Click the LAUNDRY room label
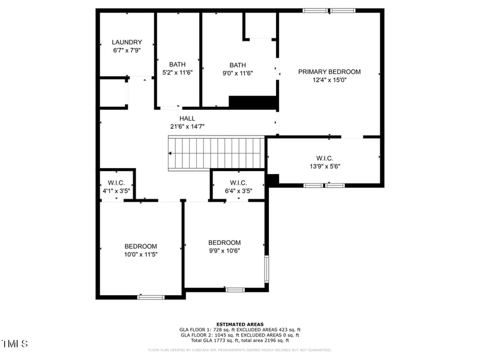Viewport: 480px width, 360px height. [x=127, y=42]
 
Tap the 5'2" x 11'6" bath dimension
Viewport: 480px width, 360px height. [x=177, y=73]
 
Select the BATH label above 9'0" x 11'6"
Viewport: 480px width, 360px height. [x=238, y=65]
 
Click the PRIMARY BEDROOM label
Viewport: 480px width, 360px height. [x=329, y=71]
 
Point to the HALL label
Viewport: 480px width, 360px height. [x=187, y=119]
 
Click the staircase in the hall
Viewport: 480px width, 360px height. [x=216, y=152]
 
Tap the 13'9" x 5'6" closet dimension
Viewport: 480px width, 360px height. [x=325, y=166]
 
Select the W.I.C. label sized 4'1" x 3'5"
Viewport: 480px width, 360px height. [x=116, y=182]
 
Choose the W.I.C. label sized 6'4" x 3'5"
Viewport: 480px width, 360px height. [x=238, y=182]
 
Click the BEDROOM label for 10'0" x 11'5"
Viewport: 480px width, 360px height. [x=140, y=246]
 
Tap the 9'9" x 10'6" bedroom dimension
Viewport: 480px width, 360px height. [x=224, y=251]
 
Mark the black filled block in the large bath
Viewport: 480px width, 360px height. [x=253, y=103]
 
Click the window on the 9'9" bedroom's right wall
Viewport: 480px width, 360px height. [x=267, y=270]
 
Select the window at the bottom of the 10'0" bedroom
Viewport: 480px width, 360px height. [x=151, y=296]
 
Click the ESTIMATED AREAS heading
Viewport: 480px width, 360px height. [x=239, y=324]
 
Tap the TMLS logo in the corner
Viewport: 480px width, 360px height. [x=15, y=344]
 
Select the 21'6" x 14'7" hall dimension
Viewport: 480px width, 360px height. [x=187, y=127]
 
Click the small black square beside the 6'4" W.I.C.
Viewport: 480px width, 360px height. [x=272, y=179]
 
